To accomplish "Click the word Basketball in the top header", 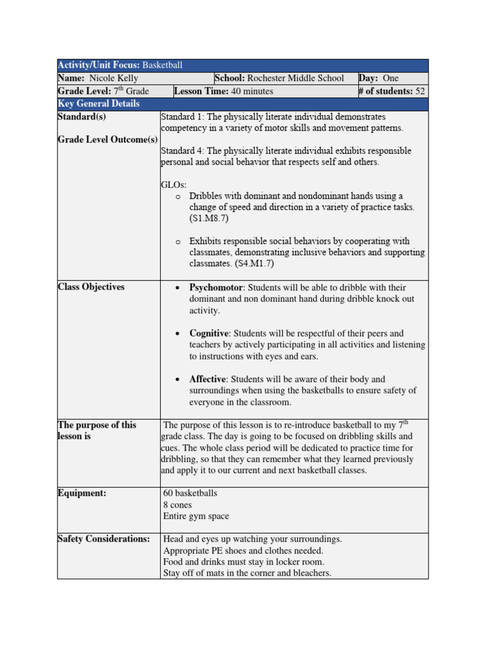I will pos(162,66).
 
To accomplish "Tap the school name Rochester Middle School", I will pos(296,78).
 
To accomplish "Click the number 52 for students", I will pos(420,91).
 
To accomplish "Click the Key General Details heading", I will pos(99,104).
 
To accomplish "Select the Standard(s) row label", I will pos(82,116).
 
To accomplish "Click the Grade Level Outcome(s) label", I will pos(108,139).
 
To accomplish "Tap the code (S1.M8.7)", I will pos(209,218).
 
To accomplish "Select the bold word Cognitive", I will pos(208,333).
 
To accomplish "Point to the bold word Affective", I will pos(208,379).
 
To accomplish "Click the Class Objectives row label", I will pos(91,287).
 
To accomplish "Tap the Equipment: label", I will pos(82,494).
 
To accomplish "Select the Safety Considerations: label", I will pos(104,539).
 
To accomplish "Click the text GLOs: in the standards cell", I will pos(174,185).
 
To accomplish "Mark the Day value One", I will pos(391,78).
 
